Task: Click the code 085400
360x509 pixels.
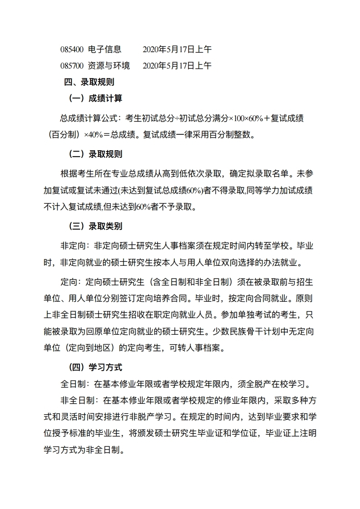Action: coord(72,49)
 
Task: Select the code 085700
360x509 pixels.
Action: coord(72,66)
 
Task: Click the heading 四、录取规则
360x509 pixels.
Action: coord(89,82)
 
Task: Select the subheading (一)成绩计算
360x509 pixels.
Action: coord(95,98)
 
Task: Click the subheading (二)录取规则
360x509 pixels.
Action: coord(95,154)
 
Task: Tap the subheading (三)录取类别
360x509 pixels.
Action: coord(95,226)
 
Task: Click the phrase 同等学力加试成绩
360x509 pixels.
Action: coord(280,191)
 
